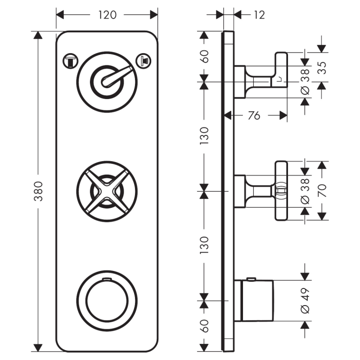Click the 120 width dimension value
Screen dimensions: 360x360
(x=107, y=15)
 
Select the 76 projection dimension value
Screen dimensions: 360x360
(x=254, y=116)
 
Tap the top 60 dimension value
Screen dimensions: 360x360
(x=204, y=57)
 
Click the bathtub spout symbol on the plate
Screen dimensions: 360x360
(x=71, y=60)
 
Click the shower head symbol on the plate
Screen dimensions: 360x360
(x=143, y=60)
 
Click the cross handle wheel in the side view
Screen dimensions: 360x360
(x=281, y=191)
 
